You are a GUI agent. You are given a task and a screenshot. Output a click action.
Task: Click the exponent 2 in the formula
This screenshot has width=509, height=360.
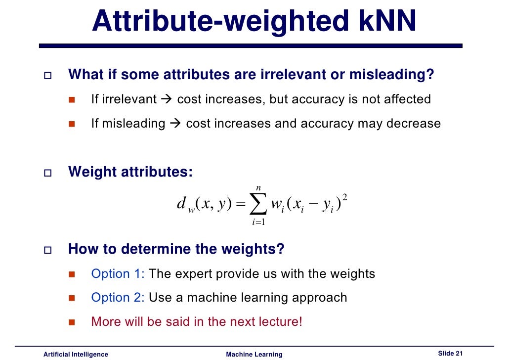pos(344,197)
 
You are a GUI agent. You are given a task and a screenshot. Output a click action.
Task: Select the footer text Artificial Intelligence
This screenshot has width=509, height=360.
pos(76,354)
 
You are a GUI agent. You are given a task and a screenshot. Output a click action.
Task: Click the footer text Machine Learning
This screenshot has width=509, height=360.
pos(254,354)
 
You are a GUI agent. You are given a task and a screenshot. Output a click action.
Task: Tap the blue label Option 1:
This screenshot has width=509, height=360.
pos(118,273)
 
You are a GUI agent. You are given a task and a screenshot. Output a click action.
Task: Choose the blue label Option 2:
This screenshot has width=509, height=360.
pos(118,297)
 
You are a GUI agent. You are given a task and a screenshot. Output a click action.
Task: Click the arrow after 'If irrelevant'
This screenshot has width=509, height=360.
pos(166,99)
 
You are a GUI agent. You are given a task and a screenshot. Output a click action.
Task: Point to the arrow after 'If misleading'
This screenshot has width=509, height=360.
pos(174,123)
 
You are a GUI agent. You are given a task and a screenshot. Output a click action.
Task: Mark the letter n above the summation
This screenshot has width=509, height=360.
pos(258,187)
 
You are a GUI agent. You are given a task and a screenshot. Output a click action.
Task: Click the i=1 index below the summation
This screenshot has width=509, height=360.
pos(258,222)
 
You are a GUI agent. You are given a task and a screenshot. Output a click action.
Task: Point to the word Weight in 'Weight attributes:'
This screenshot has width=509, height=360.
pos(91,172)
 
